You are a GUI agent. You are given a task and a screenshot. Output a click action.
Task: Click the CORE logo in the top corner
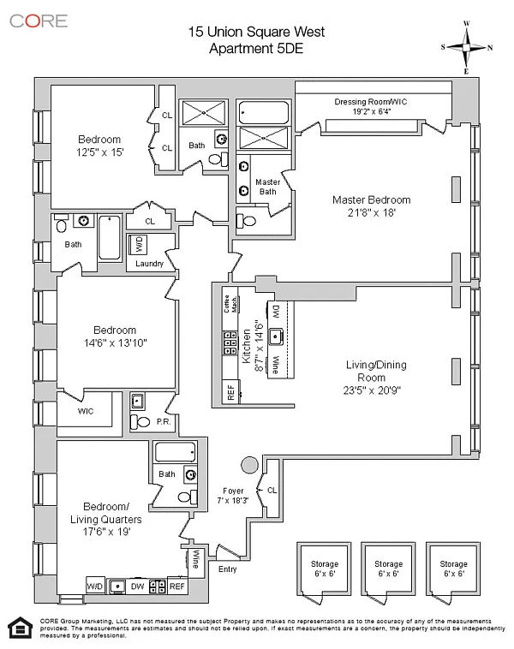tap(39, 21)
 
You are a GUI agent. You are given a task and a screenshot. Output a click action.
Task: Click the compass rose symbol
tap(466, 47)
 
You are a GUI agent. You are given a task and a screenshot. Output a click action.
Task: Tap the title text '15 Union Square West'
tap(256, 33)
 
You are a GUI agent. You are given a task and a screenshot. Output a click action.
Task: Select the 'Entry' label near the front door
tap(229, 568)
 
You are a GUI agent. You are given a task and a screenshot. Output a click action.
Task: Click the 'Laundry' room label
tap(149, 264)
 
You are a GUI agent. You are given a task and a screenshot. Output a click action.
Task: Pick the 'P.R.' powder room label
tap(164, 421)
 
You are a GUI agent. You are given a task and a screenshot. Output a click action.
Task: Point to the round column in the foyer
tap(249, 466)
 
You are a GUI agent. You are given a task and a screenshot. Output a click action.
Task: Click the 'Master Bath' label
tap(268, 187)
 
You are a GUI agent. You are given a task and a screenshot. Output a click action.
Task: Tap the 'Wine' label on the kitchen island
tap(276, 366)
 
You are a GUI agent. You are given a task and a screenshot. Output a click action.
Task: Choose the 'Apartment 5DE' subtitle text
tap(256, 49)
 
